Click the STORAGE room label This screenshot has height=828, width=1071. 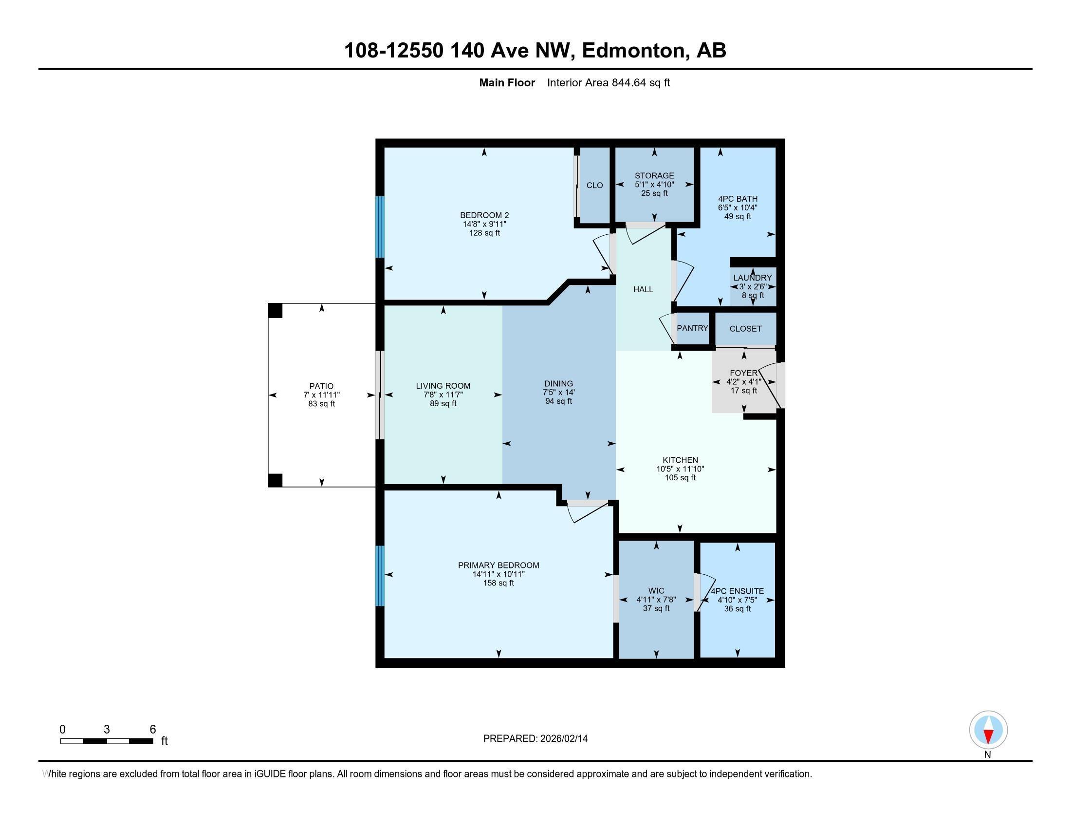click(x=654, y=176)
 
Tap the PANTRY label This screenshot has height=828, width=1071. click(x=692, y=328)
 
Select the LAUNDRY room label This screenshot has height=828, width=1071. click(x=752, y=278)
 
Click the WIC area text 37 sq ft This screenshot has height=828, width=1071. click(x=656, y=608)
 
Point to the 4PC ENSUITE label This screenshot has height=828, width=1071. click(x=737, y=591)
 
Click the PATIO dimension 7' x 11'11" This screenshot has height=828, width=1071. click(x=321, y=395)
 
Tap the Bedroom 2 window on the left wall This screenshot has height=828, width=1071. click(x=379, y=226)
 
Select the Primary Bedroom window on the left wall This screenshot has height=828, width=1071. click(x=379, y=576)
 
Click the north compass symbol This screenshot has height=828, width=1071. click(x=988, y=730)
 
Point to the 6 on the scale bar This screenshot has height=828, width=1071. click(x=152, y=730)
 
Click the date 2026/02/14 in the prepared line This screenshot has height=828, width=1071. click(x=563, y=739)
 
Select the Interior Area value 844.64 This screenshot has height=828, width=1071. click(x=629, y=83)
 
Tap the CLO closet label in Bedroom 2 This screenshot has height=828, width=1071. click(x=594, y=186)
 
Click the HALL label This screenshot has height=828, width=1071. click(x=643, y=289)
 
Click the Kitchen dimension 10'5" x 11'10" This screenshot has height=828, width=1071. click(x=680, y=469)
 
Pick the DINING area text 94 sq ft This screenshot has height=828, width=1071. click(x=558, y=401)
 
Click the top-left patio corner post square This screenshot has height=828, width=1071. click(x=275, y=311)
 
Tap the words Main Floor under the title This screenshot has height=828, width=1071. click(x=507, y=83)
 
